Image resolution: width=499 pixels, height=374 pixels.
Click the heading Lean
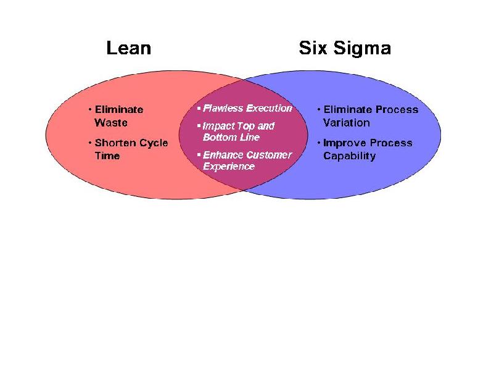click(x=128, y=48)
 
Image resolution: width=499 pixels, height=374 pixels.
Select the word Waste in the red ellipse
click(x=111, y=122)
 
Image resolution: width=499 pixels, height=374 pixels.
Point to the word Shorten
click(x=117, y=143)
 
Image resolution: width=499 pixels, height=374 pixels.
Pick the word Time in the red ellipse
click(x=107, y=156)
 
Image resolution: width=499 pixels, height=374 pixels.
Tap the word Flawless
click(x=223, y=108)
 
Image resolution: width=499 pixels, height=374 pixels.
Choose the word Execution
click(x=269, y=108)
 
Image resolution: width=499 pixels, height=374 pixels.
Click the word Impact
click(x=219, y=126)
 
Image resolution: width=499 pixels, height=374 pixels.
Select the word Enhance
click(x=223, y=155)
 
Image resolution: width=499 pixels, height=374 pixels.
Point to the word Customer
click(x=269, y=155)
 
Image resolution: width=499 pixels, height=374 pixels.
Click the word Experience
click(x=229, y=166)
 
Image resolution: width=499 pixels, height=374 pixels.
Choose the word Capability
click(x=349, y=156)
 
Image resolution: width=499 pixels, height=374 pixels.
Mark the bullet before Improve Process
click(x=318, y=143)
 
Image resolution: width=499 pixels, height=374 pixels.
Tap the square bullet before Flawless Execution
click(x=199, y=109)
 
